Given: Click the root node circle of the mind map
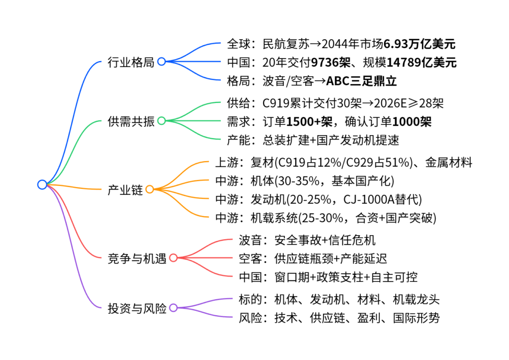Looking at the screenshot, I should (42, 184).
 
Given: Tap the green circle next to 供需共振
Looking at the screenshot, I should (162, 121).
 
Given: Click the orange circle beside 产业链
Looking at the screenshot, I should (149, 189).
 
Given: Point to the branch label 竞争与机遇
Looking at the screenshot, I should (137, 258).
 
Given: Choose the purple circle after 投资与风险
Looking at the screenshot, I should (173, 308).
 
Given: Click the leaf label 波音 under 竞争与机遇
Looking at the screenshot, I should (250, 240).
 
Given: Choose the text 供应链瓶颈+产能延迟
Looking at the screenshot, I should (331, 258).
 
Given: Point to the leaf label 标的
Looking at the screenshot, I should (250, 299).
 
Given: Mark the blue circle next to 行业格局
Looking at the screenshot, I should (161, 62).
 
